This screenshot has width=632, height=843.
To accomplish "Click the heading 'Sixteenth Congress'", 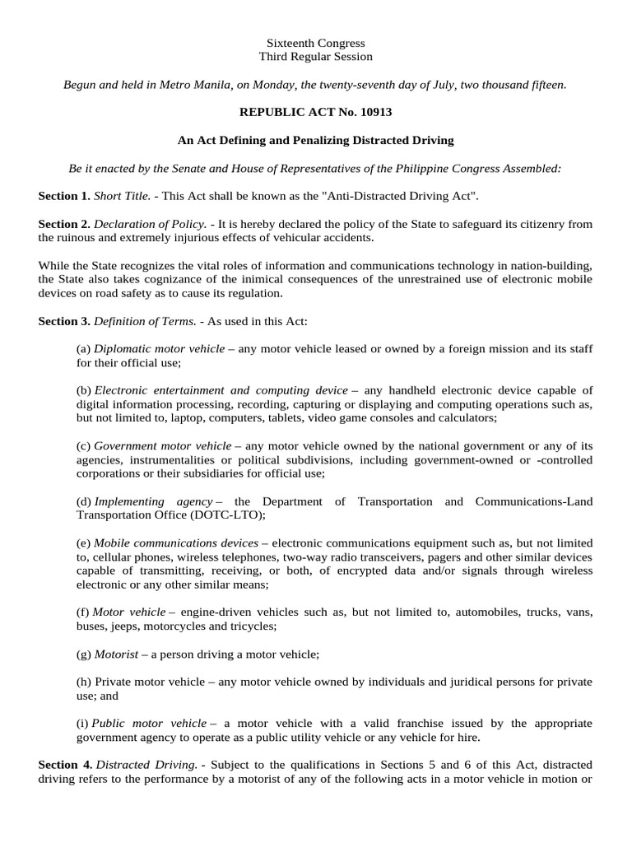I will [316, 43].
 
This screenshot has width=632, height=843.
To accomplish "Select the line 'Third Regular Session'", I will [316, 57].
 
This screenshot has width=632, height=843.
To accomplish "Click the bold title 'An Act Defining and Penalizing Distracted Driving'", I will [316, 141].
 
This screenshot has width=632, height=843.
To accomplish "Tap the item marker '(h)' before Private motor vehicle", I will [84, 682].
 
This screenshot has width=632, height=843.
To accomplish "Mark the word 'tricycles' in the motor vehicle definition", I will [251, 626].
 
